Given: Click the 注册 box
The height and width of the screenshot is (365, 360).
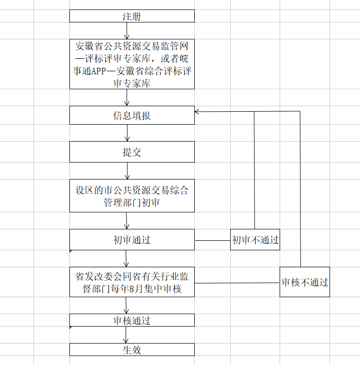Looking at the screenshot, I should pyautogui.click(x=132, y=16).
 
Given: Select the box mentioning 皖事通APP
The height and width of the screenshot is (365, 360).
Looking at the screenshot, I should pyautogui.click(x=132, y=65).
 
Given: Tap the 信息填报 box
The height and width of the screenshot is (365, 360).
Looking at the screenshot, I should pyautogui.click(x=132, y=116).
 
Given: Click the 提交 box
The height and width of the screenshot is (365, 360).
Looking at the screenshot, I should pyautogui.click(x=132, y=152).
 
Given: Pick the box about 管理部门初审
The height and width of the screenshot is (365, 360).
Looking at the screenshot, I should pyautogui.click(x=132, y=196).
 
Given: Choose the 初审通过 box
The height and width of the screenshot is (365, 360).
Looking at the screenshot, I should pyautogui.click(x=132, y=240).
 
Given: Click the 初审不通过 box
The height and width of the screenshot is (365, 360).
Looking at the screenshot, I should pyautogui.click(x=255, y=240).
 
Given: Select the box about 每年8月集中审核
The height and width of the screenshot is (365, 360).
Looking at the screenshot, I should pyautogui.click(x=132, y=282).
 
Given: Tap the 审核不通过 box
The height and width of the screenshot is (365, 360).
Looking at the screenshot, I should pyautogui.click(x=305, y=282).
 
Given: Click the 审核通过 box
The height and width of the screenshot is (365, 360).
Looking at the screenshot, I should pyautogui.click(x=132, y=320).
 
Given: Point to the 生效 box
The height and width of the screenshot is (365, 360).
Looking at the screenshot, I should pyautogui.click(x=132, y=350).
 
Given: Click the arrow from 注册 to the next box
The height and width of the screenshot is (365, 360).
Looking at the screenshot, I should pyautogui.click(x=127, y=31).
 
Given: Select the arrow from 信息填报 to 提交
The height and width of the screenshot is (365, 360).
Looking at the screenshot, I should pyautogui.click(x=128, y=133).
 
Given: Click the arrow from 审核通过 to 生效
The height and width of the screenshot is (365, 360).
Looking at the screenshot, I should pyautogui.click(x=126, y=335).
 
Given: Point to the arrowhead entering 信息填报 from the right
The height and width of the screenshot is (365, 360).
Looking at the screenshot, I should pyautogui.click(x=198, y=111).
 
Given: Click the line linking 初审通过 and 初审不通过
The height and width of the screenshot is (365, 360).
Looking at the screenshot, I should pyautogui.click(x=212, y=240).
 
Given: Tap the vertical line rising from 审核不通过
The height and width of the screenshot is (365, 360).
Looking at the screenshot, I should pyautogui.click(x=300, y=189).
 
